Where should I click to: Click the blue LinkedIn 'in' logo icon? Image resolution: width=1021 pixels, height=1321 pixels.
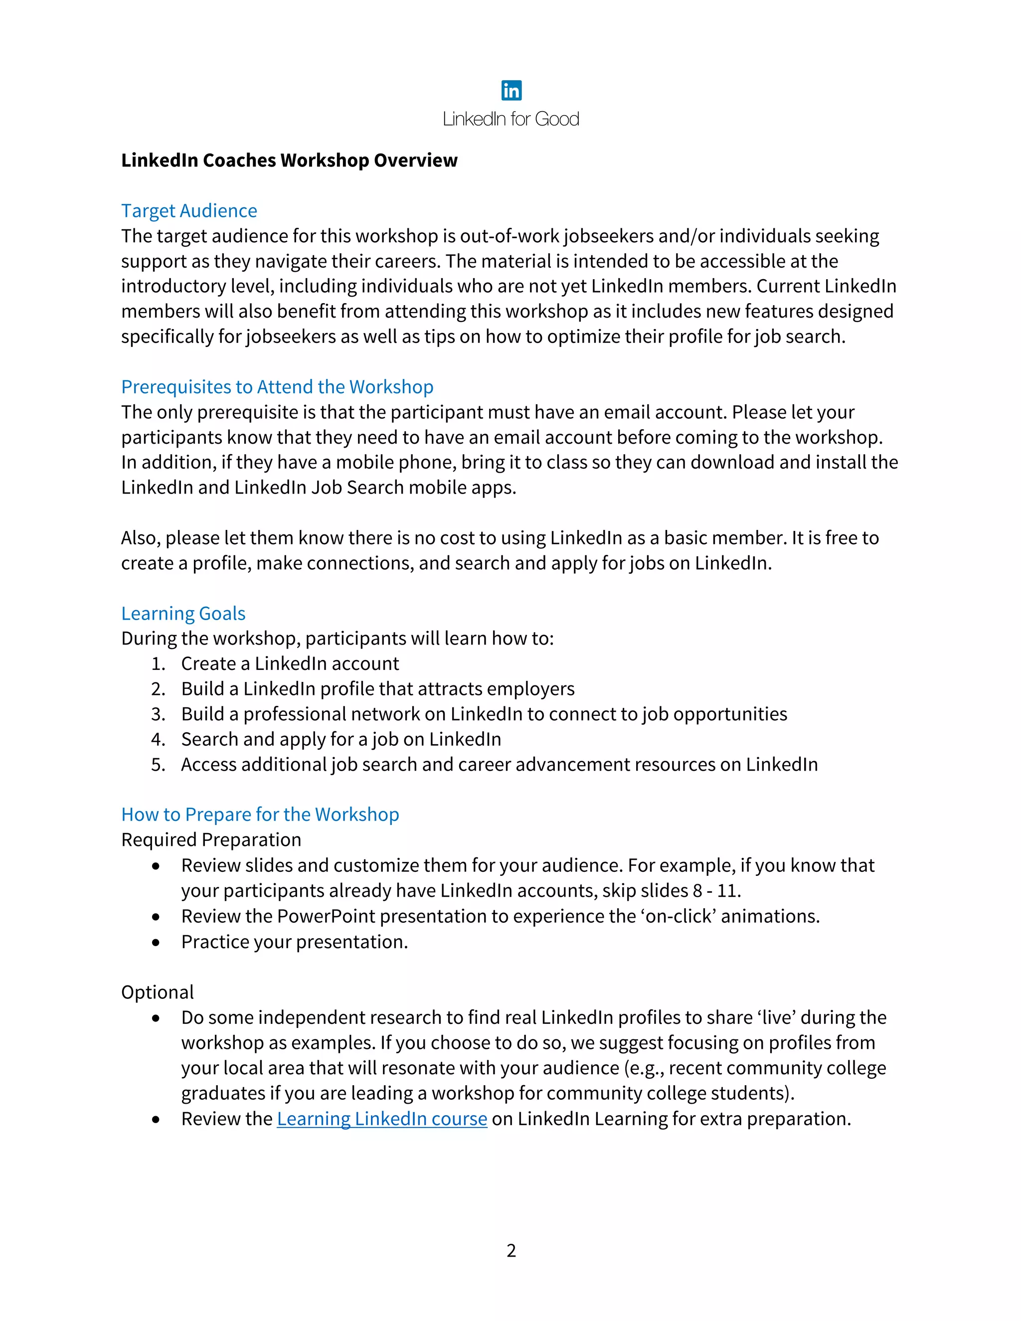coord(511,91)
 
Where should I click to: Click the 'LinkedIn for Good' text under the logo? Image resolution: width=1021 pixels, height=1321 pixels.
coord(511,119)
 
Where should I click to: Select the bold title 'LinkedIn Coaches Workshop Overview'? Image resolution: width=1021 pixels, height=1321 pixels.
coord(289,161)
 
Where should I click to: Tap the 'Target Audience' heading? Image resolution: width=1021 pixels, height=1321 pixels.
coord(189,210)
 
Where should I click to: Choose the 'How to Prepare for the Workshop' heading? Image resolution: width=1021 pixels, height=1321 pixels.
coord(260,814)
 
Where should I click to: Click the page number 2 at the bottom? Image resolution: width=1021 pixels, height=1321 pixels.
coord(511,1250)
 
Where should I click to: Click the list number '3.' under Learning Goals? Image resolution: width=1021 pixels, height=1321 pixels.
coord(158,714)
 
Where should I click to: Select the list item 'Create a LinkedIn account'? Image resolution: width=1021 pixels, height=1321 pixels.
coord(290,663)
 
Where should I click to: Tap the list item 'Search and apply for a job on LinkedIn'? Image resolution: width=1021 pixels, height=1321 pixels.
coord(341,739)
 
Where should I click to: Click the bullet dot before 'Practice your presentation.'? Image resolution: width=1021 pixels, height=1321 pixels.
coord(156,942)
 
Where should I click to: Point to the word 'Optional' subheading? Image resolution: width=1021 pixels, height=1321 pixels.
coord(157,992)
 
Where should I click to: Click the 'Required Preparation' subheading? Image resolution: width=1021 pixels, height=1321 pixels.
coord(211,839)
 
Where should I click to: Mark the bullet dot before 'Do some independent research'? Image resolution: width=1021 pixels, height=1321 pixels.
coord(156,1018)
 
